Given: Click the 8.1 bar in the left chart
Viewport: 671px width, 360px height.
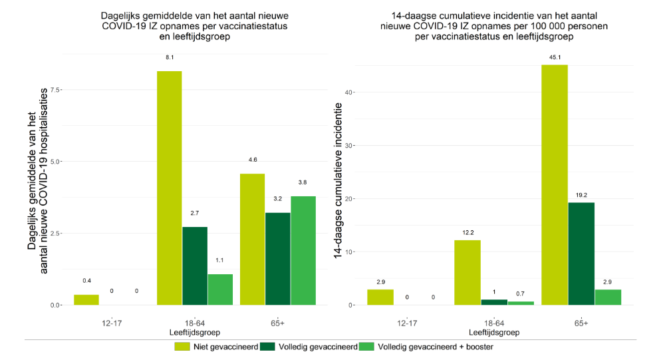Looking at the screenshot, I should [169, 188].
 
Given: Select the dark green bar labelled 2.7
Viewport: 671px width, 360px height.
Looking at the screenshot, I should [195, 266].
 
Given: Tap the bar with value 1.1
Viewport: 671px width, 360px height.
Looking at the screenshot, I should [220, 289].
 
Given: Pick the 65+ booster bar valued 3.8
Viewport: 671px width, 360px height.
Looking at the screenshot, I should [303, 250].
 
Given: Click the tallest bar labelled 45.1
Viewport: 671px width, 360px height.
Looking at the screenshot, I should [555, 184].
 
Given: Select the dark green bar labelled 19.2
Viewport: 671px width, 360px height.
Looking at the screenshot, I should [581, 254].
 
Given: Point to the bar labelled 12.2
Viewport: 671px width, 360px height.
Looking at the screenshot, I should [467, 272].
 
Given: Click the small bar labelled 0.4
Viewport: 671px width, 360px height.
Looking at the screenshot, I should [86, 299].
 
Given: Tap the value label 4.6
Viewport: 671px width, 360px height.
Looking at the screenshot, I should [252, 160].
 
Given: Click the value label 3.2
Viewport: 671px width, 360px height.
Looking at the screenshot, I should [278, 199].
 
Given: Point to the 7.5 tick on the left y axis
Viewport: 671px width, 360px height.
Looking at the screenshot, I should [55, 90].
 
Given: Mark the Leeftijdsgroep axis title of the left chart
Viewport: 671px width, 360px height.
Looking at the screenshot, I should [195, 331].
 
